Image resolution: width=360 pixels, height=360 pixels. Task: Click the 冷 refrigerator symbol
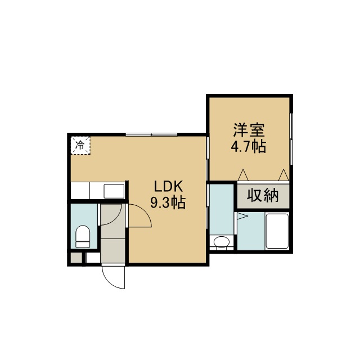click(x=80, y=145)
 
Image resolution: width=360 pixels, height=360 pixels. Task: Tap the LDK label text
click(x=168, y=186)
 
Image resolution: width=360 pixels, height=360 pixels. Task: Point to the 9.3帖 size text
click(x=168, y=202)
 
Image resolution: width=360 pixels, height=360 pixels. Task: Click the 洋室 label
click(x=249, y=130)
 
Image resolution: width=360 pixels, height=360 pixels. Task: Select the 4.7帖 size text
click(x=249, y=146)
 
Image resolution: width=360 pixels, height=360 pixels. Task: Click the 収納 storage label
click(x=263, y=196)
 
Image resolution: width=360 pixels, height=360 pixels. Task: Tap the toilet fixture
click(x=83, y=237)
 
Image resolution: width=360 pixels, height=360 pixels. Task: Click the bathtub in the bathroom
click(x=277, y=231)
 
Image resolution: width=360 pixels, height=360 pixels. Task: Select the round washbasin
click(x=222, y=241)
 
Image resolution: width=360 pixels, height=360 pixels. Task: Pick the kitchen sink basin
click(x=114, y=191)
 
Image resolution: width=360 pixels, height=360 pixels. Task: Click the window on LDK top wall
click(x=151, y=134)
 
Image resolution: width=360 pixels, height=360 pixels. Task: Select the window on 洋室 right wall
click(x=291, y=138)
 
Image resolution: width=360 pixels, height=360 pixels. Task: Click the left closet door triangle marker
click(x=243, y=175)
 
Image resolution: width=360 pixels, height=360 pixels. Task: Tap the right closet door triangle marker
click(x=283, y=175)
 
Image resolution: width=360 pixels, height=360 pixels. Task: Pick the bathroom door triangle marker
click(x=242, y=216)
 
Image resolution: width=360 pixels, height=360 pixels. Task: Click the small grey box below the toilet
click(x=76, y=258)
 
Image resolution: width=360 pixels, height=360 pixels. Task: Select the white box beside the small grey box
click(x=93, y=258)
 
